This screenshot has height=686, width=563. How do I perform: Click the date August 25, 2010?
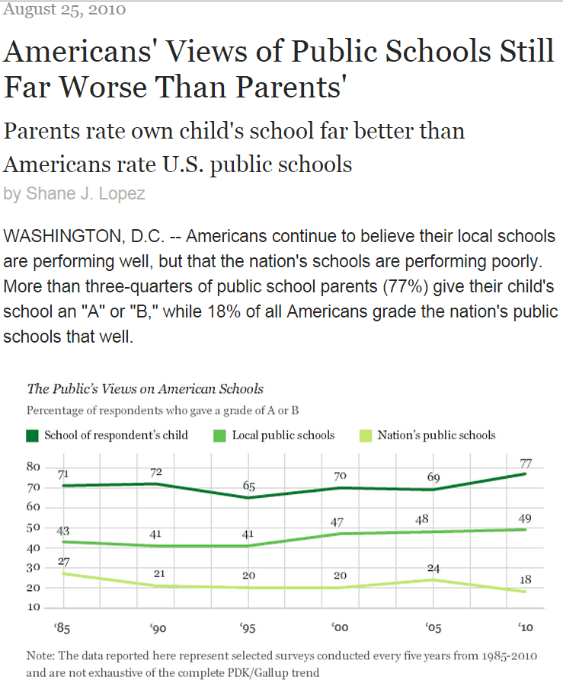pyautogui.click(x=65, y=10)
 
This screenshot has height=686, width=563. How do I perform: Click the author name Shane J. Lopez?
pyautogui.click(x=85, y=193)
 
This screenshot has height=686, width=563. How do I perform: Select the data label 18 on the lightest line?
pyautogui.click(x=526, y=579)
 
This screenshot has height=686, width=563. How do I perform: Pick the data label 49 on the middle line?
pyautogui.click(x=526, y=518)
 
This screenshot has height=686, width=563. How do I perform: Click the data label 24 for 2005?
pyautogui.click(x=434, y=567)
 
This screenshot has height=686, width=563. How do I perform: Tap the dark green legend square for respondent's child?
pyautogui.click(x=32, y=436)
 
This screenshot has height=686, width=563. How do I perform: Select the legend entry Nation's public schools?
pyautogui.click(x=436, y=436)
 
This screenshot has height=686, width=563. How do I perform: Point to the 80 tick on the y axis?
pyautogui.click(x=34, y=467)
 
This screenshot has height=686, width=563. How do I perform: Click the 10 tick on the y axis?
pyautogui.click(x=34, y=608)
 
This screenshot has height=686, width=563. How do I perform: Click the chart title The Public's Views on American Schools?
pyautogui.click(x=145, y=388)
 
